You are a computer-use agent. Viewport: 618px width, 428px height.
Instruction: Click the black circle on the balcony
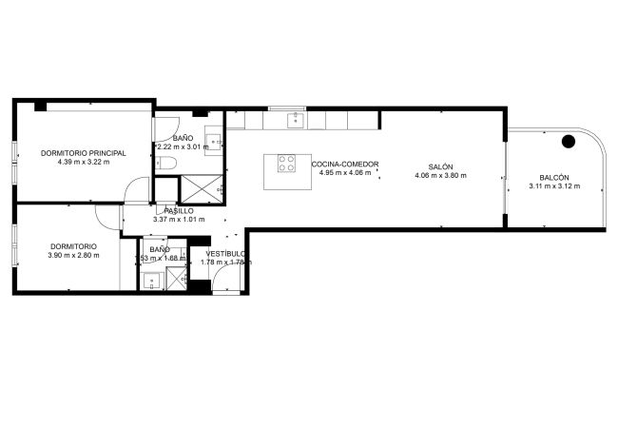569,142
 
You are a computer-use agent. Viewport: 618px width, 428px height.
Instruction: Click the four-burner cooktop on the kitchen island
286,163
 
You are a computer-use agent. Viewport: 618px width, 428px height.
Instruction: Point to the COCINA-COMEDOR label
345,165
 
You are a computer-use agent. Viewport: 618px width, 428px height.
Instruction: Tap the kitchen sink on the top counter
296,120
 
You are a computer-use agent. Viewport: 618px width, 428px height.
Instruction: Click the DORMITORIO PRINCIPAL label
84,153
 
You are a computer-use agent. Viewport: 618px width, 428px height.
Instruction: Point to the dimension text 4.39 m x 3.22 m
84,162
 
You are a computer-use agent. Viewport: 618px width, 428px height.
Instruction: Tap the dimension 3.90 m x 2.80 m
73,255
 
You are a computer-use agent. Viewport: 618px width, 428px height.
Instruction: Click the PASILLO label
179,211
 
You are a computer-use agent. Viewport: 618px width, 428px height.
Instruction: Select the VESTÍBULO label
226,254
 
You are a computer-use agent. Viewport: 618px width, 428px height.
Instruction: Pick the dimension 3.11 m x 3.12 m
554,186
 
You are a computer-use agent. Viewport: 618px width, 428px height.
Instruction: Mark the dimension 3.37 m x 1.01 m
179,220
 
